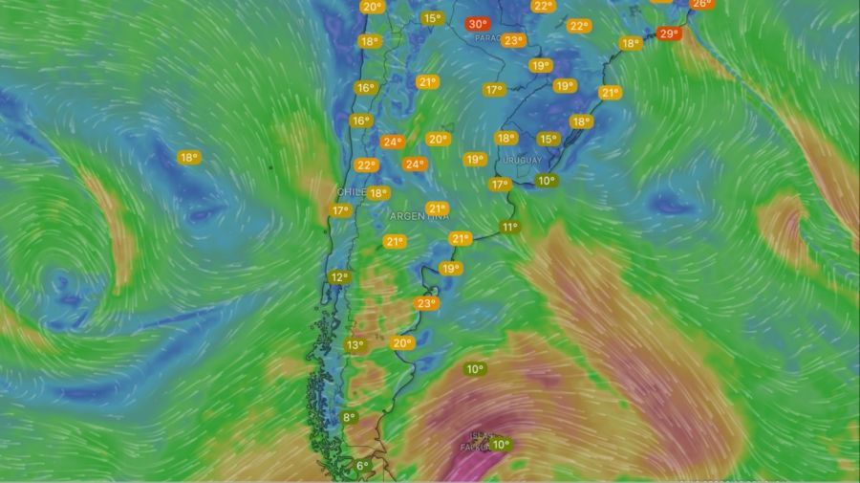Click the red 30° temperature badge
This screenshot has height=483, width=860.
point(477,24)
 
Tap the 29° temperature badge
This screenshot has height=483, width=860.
point(669,33)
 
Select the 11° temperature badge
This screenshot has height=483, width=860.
point(509,228)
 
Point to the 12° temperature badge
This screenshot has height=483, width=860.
point(339,277)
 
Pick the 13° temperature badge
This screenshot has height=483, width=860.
point(355,345)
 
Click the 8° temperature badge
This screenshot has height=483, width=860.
point(349,417)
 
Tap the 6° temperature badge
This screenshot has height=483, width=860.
point(362,466)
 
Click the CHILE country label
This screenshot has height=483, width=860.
point(351,192)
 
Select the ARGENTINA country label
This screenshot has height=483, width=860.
point(419,217)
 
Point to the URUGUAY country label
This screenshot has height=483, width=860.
point(523,160)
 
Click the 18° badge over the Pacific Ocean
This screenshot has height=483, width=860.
point(189,157)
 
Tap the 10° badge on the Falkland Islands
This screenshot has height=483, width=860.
point(501,444)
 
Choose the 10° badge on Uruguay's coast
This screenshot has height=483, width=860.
point(547,180)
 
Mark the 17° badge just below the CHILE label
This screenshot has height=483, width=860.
point(341,210)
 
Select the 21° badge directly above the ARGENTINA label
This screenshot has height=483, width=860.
point(437,209)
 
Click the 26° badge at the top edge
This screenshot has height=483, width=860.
point(700,4)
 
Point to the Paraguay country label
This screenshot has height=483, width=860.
point(488,39)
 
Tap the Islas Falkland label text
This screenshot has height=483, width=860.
point(475,443)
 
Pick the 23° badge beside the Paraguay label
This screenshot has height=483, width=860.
point(513,41)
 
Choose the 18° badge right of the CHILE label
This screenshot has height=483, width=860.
point(378,192)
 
